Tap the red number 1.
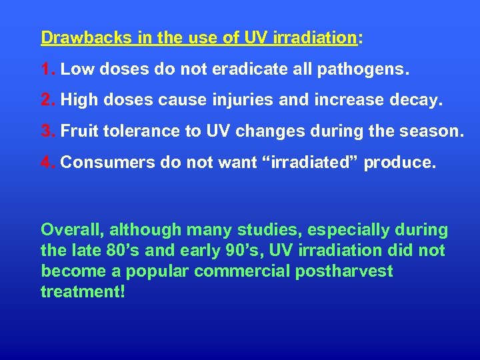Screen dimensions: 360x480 pos(47,69)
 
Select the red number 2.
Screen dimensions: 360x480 pos(47,101)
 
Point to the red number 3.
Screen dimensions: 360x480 pos(47,131)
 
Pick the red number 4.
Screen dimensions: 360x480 pos(47,163)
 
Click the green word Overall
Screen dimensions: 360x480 pos(72,230)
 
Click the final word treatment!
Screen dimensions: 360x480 pos(83,292)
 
